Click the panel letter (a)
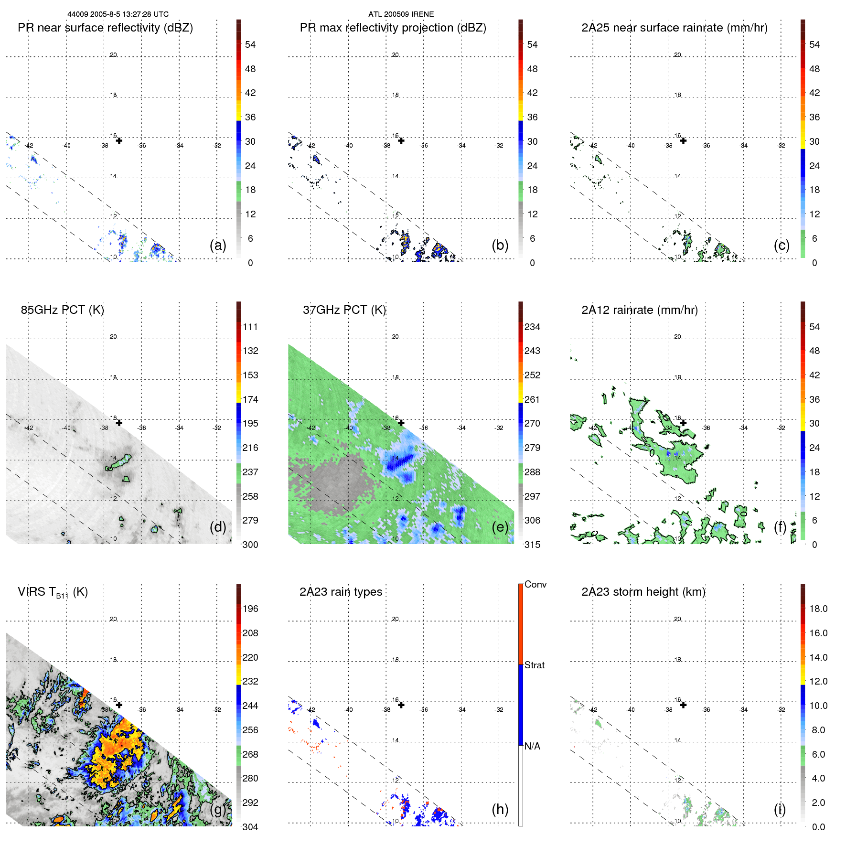[x=217, y=246]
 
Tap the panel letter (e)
[x=500, y=527]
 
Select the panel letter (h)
[x=500, y=809]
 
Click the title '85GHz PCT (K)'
[x=62, y=310]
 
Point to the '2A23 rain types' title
[x=341, y=592]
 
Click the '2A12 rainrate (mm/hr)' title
[x=639, y=310]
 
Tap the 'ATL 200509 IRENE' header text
[x=401, y=14]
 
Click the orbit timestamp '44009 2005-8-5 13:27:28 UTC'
[x=118, y=14]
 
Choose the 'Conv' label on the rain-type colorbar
[x=535, y=585]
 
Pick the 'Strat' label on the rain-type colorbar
[x=534, y=665]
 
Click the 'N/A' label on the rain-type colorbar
[x=532, y=746]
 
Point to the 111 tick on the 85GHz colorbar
[x=250, y=327]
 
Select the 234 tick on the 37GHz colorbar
[x=532, y=327]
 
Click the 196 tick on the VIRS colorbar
[x=250, y=609]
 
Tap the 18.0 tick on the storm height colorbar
[x=818, y=609]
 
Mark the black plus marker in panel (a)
[x=119, y=141]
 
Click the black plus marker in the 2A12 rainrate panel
[x=683, y=423]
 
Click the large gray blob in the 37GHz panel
[x=334, y=482]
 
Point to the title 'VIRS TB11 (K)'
[x=53, y=592]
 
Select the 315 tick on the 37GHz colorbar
[x=532, y=545]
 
